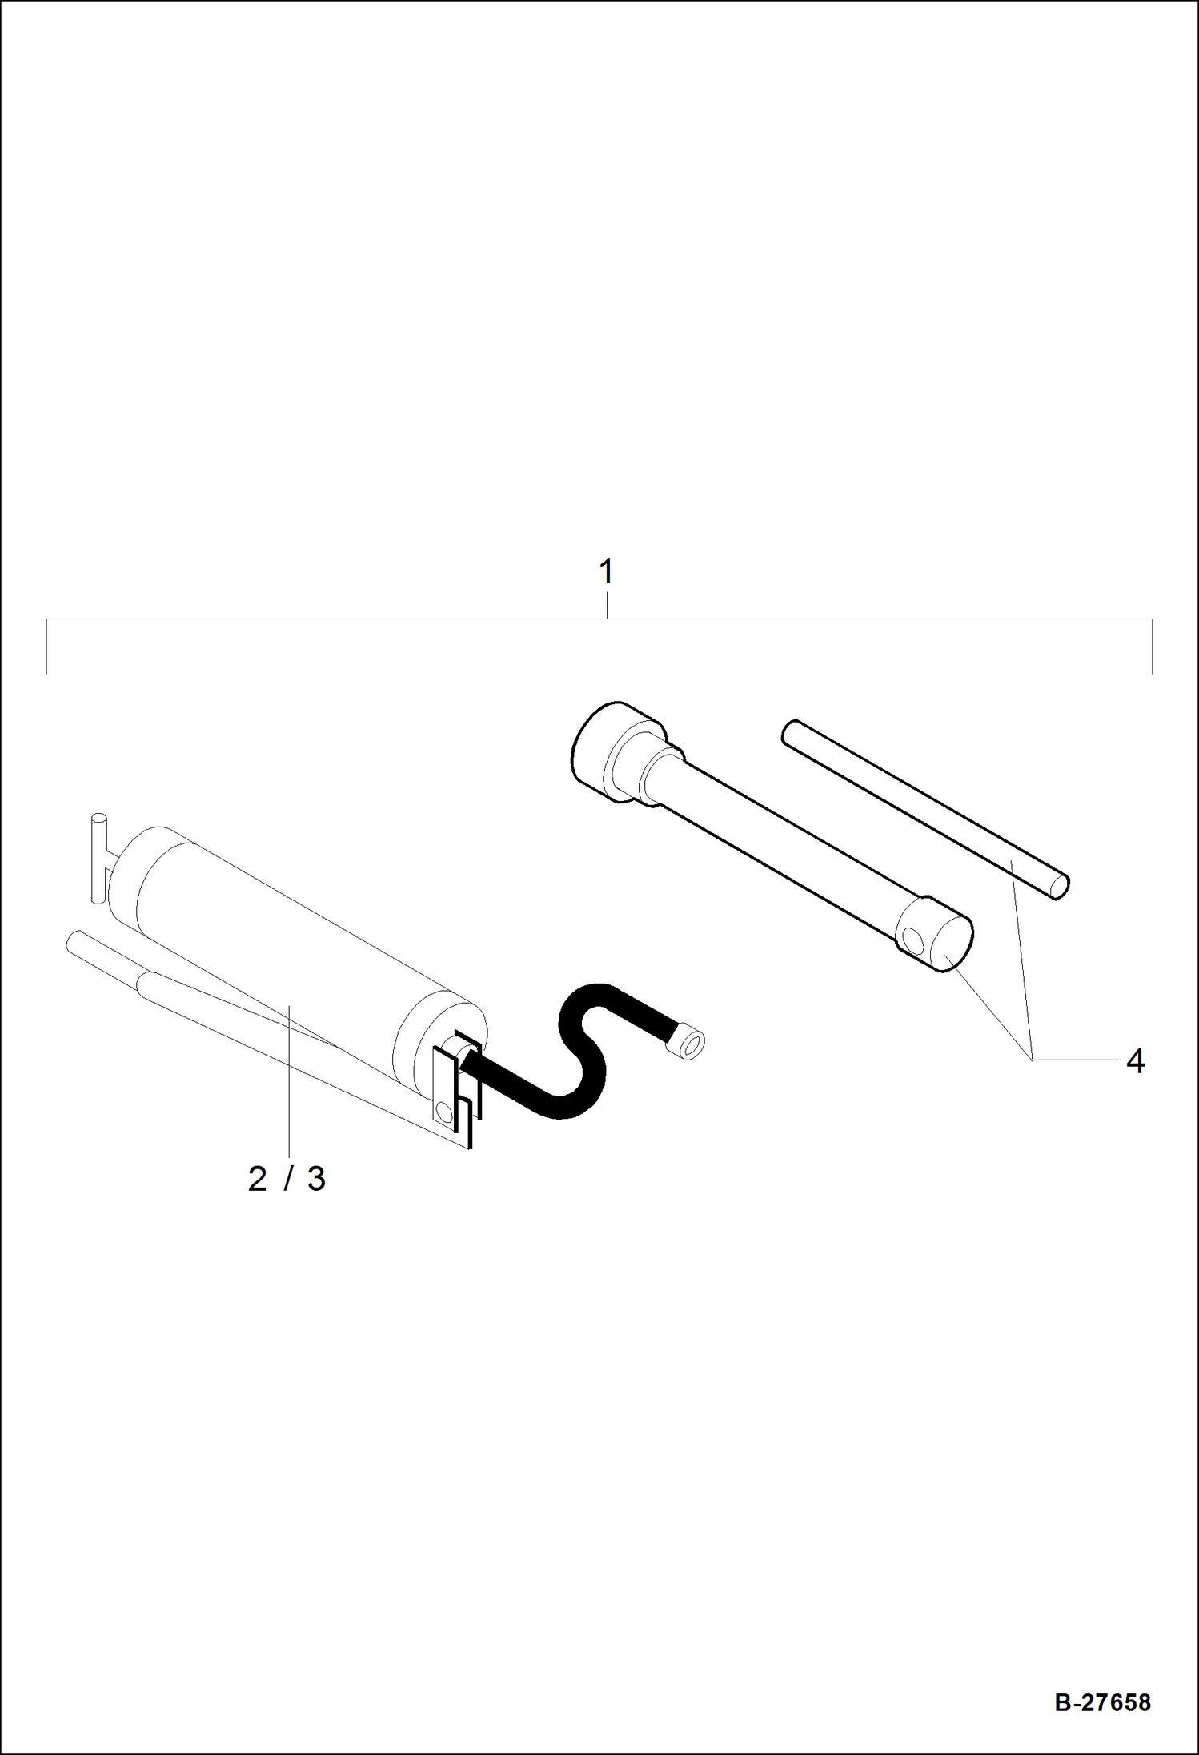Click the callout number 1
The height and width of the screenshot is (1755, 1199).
[606, 572]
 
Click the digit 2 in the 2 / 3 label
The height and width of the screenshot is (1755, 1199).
[257, 1180]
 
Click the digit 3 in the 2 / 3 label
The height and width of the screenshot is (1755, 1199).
[316, 1180]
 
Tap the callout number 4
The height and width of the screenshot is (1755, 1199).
[1134, 1061]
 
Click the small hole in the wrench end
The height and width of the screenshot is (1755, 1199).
[910, 936]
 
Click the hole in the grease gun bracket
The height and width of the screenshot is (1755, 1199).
[443, 1110]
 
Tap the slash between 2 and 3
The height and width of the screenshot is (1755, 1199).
[287, 1180]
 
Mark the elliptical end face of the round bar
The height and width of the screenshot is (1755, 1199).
[1059, 887]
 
